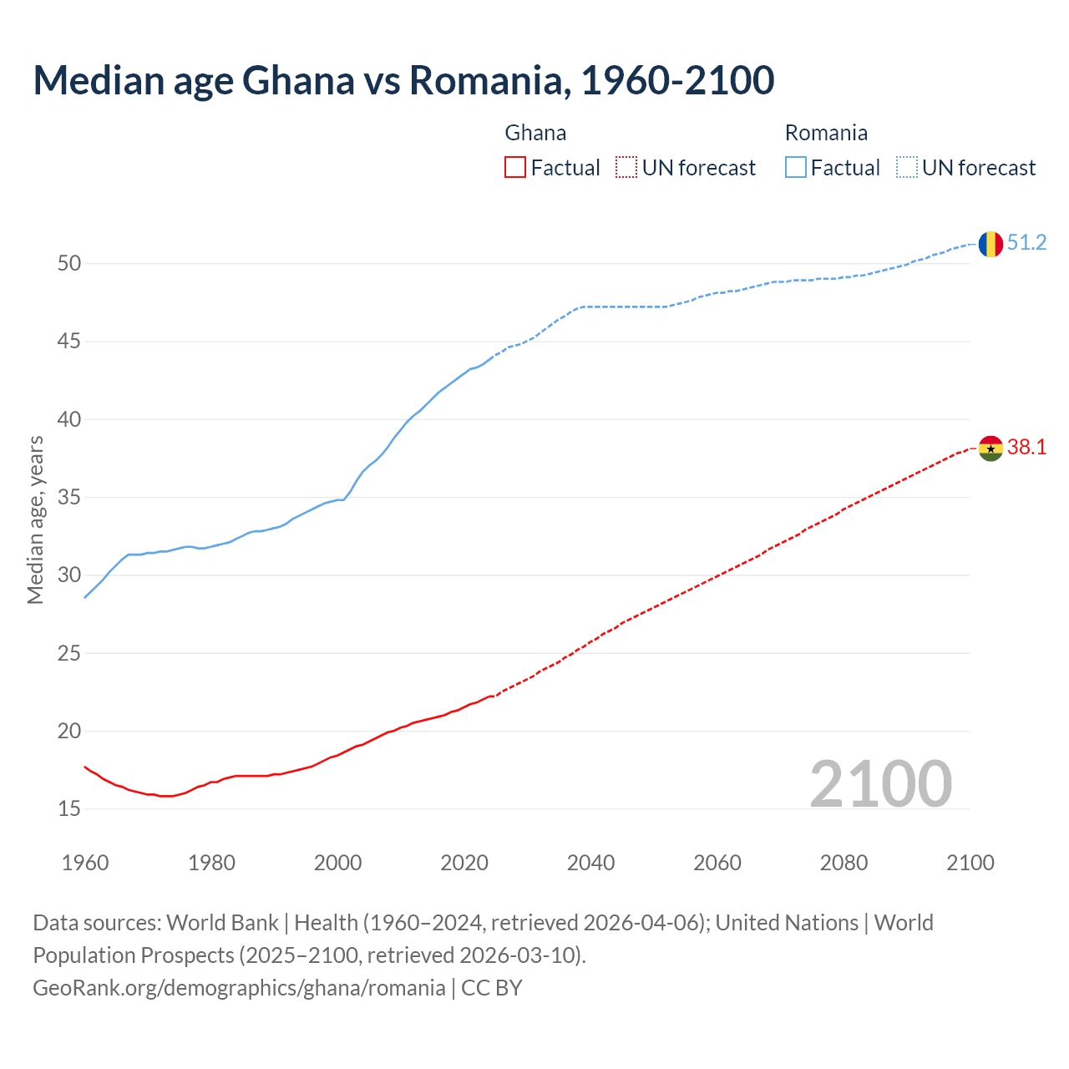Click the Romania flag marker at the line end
pos(990,244)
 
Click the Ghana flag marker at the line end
pos(990,448)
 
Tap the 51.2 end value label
pos(1026,243)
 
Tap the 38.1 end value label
pos(1026,448)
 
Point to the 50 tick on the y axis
pos(69,264)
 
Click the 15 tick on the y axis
pos(69,809)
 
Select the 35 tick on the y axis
pos(69,498)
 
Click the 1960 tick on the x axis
pos(85,863)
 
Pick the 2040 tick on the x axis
pos(590,863)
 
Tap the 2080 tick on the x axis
pos(844,863)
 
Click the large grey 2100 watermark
pos(880,783)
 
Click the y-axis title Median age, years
pos(35,519)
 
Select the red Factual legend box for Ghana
pos(515,168)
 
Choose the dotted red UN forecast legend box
pos(626,168)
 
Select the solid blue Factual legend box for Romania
pos(796,168)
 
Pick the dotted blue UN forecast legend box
pos(907,168)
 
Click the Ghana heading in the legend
pos(535,133)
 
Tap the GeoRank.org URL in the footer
pos(239,988)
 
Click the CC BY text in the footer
pos(492,988)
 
